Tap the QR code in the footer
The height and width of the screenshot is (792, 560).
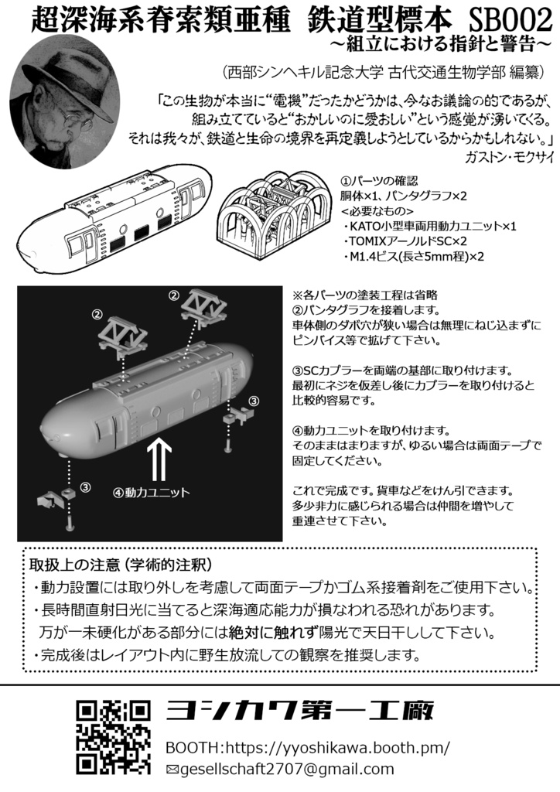click(112, 736)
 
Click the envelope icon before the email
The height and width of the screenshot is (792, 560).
click(172, 770)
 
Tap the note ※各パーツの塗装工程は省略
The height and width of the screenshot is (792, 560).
click(366, 295)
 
